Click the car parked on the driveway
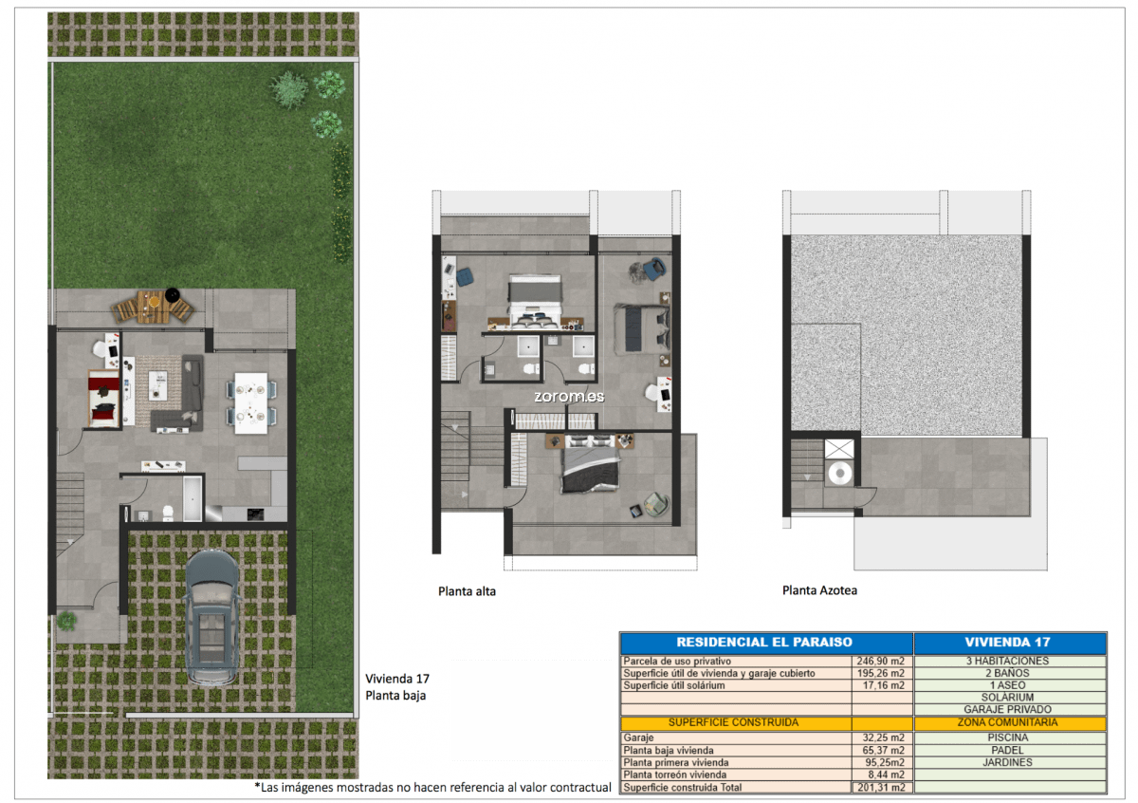pos(211,618)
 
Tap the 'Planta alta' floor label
pos(467,591)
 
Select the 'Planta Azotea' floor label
pos(819,590)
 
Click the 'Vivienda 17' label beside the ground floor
pos(397,679)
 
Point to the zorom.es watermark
pos(569,397)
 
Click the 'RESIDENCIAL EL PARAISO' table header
pos(764,643)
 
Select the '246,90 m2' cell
pos(880,662)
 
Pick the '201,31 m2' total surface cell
pos(881,787)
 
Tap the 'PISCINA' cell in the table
pos(1008,738)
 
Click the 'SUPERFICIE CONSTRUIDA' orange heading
pos(733,722)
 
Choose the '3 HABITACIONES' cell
pos(1007,662)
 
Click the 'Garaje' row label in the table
pos(638,738)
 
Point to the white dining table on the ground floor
pos(251,403)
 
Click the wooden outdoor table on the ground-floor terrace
pos(152,307)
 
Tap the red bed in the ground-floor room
pos(103,399)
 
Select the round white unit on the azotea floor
pos(840,474)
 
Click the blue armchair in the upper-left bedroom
pos(466,277)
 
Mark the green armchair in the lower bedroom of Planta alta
pos(656,504)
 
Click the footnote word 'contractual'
pos(580,788)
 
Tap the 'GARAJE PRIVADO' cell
pos(1008,709)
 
